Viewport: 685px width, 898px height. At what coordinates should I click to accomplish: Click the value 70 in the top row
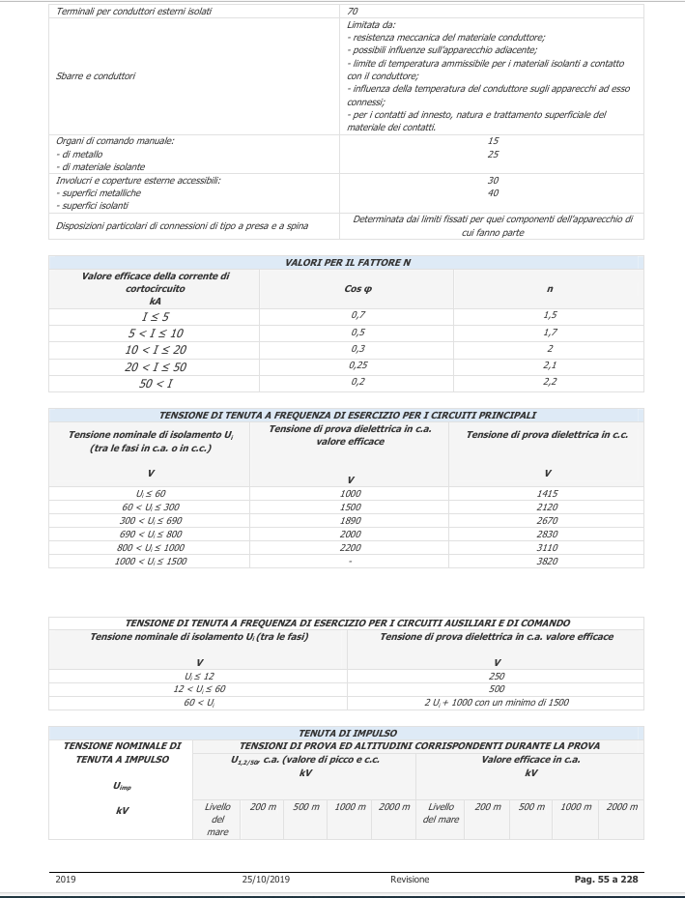click(353, 12)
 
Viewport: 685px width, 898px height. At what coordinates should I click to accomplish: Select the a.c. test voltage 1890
click(353, 520)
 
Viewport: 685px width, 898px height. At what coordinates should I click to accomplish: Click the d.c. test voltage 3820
click(548, 561)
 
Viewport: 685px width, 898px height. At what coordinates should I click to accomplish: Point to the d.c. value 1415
click(548, 493)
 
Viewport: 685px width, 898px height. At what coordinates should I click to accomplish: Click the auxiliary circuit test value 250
click(497, 675)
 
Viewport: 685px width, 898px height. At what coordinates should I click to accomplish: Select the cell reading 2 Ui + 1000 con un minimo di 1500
click(497, 702)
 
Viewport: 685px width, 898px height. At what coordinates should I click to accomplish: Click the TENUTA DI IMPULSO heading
click(348, 734)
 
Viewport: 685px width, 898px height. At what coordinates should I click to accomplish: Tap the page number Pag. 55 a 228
click(602, 880)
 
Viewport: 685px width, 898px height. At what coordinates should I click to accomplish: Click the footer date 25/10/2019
click(270, 880)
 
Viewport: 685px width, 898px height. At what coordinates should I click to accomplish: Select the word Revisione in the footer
click(410, 880)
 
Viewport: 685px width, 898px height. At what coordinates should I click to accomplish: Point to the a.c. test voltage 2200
click(353, 547)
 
